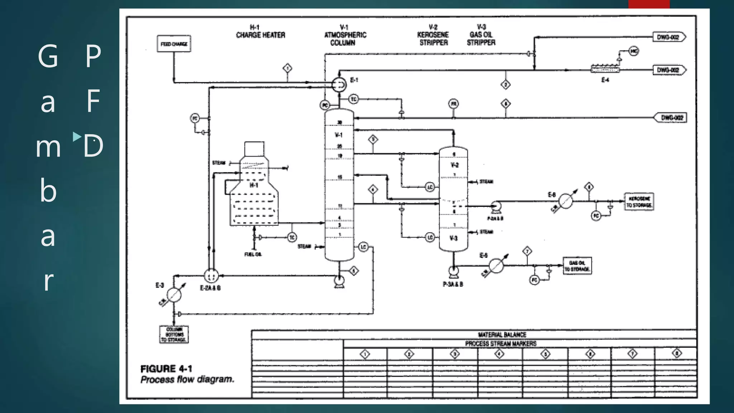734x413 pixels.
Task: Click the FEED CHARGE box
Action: coord(174,44)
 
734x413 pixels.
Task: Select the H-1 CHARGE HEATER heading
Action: coord(260,32)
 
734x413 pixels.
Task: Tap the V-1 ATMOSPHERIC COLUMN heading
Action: coord(344,35)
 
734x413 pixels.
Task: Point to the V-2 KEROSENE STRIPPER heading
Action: coord(433,35)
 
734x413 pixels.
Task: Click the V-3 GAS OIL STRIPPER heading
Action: coord(481,35)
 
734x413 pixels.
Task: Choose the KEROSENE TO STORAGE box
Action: coord(639,201)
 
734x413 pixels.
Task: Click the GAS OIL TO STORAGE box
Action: coord(577,266)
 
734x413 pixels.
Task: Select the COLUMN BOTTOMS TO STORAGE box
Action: coord(174,334)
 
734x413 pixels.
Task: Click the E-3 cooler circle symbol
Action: coord(174,295)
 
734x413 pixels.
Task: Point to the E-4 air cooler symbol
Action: coord(605,69)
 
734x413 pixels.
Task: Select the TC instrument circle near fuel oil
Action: coord(292,237)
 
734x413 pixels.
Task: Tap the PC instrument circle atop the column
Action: coord(325,105)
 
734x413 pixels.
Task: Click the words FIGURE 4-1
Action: coord(166,369)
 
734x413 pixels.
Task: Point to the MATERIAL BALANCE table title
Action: coord(502,334)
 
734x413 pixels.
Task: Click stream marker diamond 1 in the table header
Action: coord(365,355)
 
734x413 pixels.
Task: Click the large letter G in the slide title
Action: coord(48,56)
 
